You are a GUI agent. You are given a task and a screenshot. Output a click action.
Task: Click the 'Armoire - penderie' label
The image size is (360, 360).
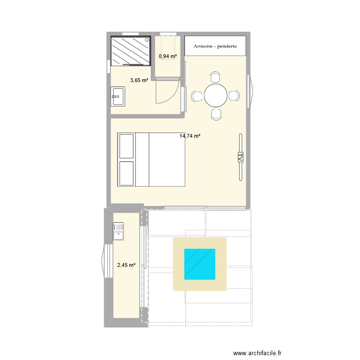point(215,47)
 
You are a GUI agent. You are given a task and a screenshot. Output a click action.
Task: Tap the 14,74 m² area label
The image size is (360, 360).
point(190,136)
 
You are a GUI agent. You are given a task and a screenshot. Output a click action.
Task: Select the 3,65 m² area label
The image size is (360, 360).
point(139,81)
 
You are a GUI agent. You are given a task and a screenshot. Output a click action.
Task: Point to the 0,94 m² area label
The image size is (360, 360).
point(168,56)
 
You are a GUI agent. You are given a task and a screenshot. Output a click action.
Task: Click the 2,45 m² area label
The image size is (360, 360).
point(126,264)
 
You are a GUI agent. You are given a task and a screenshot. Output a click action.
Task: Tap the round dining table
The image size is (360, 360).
point(216,96)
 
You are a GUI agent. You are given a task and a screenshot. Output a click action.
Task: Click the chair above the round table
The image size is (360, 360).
point(216,77)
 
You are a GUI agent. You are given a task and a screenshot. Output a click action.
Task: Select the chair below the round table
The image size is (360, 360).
point(216,114)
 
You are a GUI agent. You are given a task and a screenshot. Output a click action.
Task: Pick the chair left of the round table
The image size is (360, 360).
point(197,96)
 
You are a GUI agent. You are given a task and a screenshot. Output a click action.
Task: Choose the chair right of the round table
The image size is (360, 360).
point(234,96)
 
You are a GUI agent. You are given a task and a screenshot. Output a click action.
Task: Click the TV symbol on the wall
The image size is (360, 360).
point(240,157)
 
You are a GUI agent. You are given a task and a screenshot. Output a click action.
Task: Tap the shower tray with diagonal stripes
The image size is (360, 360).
point(131,51)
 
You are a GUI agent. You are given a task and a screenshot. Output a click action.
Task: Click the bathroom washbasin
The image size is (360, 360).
point(118,96)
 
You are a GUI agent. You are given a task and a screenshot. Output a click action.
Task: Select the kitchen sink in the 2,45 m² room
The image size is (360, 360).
point(119,231)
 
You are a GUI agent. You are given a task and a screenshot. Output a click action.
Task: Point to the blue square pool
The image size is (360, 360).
point(199,264)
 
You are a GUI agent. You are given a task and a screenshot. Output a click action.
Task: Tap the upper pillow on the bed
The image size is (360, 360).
point(127,146)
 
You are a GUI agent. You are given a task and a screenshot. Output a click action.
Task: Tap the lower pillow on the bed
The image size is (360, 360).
point(127,173)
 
